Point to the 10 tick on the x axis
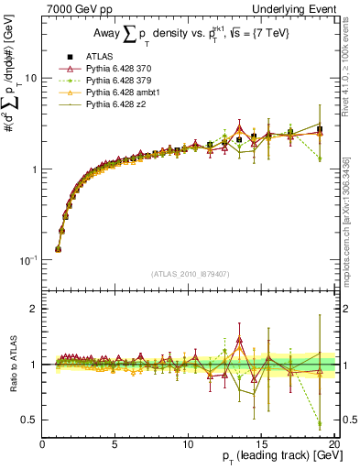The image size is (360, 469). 188,442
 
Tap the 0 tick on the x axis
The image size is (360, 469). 43,442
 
